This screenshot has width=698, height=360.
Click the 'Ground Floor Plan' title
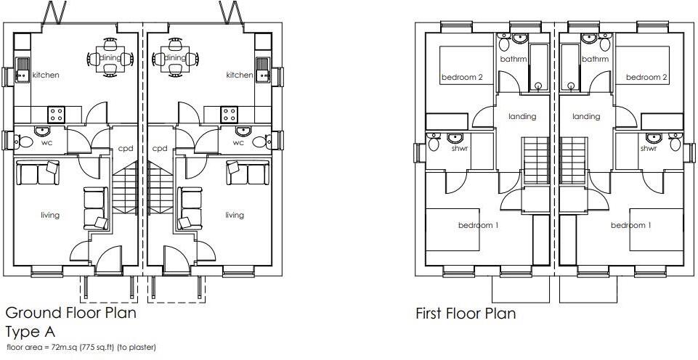coord(70,314)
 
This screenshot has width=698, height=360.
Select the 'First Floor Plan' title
coord(466,314)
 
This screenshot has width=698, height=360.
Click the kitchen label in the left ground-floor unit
coord(46,75)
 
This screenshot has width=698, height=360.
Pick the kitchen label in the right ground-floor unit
coord(239,75)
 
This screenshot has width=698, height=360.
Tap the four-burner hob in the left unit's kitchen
coord(56,114)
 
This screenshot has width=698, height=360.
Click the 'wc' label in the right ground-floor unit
coord(238,143)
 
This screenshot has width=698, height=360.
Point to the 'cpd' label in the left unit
coord(124,148)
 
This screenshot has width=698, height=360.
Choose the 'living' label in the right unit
coord(235,215)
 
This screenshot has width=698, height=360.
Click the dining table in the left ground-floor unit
coord(110,59)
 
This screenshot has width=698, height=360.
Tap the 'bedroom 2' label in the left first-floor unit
coord(463,77)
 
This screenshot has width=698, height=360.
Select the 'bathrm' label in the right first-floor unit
coord(595,60)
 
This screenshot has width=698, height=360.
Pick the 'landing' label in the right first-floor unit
coord(586,116)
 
